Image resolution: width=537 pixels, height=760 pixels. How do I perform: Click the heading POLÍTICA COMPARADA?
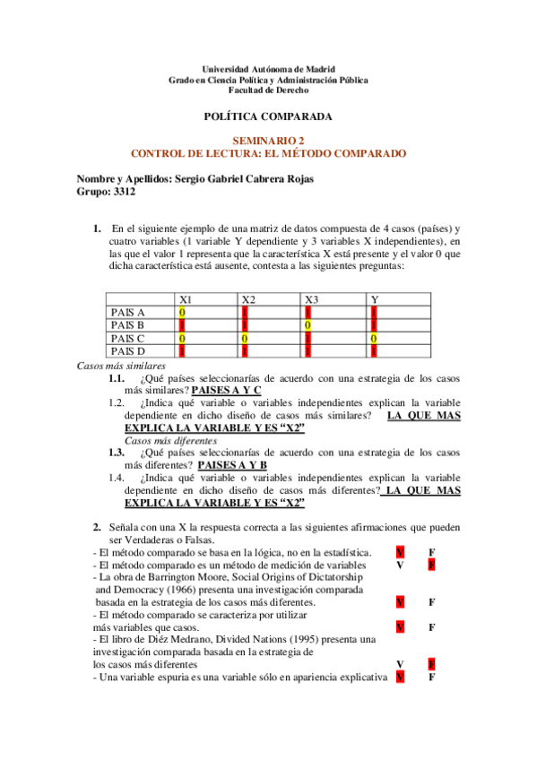tap(268, 117)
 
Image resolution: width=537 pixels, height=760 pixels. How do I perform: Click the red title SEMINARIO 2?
tap(268, 141)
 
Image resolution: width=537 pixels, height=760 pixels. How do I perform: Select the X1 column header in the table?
tap(185, 299)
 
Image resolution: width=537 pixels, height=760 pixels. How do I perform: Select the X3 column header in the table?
tap(310, 299)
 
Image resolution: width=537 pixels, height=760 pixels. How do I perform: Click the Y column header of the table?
tap(374, 299)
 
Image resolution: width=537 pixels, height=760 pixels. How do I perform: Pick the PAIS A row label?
tap(128, 312)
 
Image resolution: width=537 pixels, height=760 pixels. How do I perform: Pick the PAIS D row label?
tap(128, 350)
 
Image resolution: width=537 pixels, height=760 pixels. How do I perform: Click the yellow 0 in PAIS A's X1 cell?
tap(182, 312)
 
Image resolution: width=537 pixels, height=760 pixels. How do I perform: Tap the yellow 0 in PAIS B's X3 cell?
tap(307, 324)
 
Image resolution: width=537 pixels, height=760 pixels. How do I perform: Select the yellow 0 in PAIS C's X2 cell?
tap(245, 338)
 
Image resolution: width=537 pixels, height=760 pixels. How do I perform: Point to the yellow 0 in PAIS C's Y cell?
tap(373, 338)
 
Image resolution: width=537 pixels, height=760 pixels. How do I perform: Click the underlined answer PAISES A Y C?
tap(227, 391)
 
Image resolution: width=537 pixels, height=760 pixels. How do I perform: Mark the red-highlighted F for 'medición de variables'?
tap(431, 566)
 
